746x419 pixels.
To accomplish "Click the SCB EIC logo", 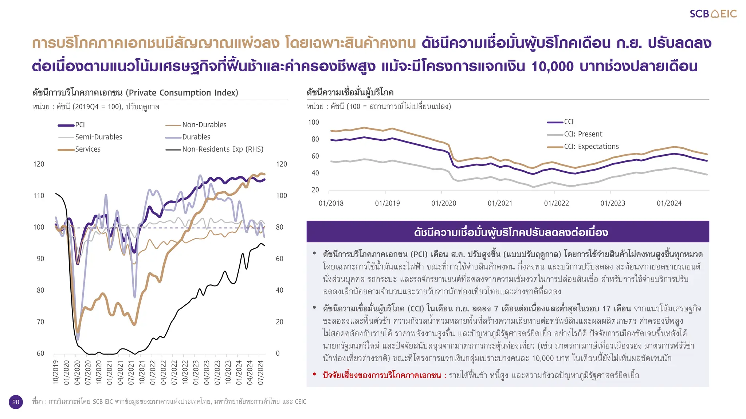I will coord(713,14).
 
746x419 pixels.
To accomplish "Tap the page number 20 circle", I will coord(16,402).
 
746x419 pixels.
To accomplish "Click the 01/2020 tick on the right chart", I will coord(444,203).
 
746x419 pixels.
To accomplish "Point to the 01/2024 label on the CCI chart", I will coord(669,203).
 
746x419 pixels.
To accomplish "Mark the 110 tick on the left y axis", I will coord(39,196).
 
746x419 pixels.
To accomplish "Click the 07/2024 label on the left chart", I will coord(260,372).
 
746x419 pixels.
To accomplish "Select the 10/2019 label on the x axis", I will coord(56,372).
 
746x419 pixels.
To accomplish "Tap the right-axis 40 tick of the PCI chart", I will coord(279,290).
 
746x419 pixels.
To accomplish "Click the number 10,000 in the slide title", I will coord(552,67).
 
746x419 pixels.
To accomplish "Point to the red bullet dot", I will coord(314,374).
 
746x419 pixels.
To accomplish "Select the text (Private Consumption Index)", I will coord(182,93).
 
